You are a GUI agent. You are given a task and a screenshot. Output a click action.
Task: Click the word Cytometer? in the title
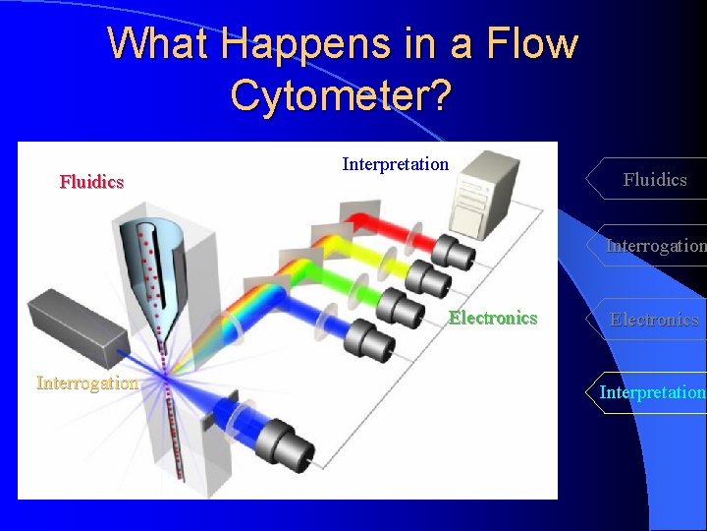click(341, 94)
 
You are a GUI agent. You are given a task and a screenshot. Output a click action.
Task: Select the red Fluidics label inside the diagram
click(91, 182)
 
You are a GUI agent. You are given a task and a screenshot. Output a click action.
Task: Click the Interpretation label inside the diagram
click(395, 164)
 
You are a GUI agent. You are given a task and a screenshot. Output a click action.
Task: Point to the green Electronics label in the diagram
click(493, 318)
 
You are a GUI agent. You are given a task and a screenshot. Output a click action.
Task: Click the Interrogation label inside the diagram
click(87, 383)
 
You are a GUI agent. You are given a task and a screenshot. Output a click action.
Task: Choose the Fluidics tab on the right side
click(654, 179)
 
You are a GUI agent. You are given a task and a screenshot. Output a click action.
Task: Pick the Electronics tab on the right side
click(654, 320)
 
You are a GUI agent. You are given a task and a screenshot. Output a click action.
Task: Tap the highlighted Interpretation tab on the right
click(652, 392)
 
